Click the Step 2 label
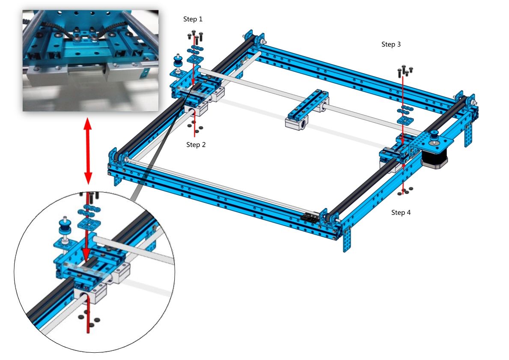point(196,145)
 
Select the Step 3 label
point(391,44)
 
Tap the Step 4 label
point(401,212)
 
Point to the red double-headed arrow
point(88,152)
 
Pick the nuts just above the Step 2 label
point(195,127)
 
